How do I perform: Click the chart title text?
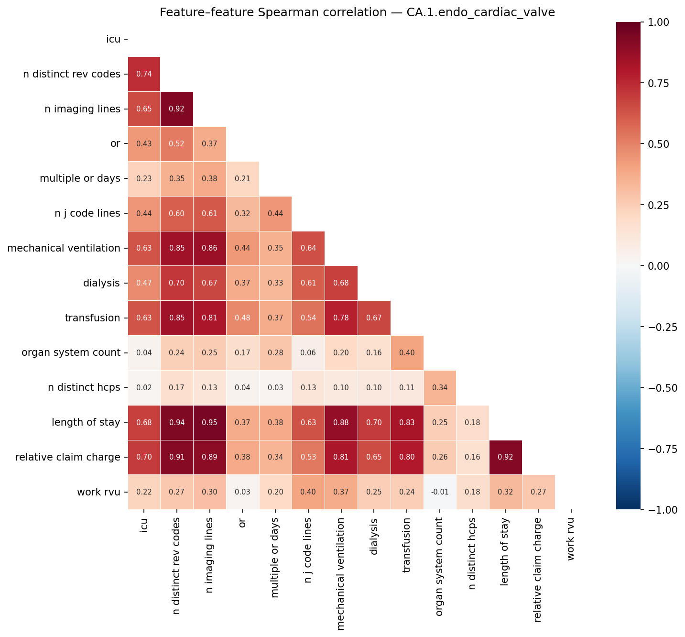[357, 12]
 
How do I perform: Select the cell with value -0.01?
[439, 492]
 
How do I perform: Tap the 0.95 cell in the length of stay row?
[209, 422]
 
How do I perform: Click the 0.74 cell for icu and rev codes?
[144, 74]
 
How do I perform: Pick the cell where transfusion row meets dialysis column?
[374, 318]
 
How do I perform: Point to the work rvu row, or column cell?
[242, 492]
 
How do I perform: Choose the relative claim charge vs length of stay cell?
[505, 457]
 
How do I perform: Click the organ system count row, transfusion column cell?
[407, 353]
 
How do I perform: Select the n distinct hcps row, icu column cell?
[144, 388]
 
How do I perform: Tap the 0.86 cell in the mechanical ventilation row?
[209, 248]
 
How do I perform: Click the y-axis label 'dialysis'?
[101, 283]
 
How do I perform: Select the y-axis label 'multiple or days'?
[80, 178]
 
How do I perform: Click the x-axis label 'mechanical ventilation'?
[340, 573]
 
